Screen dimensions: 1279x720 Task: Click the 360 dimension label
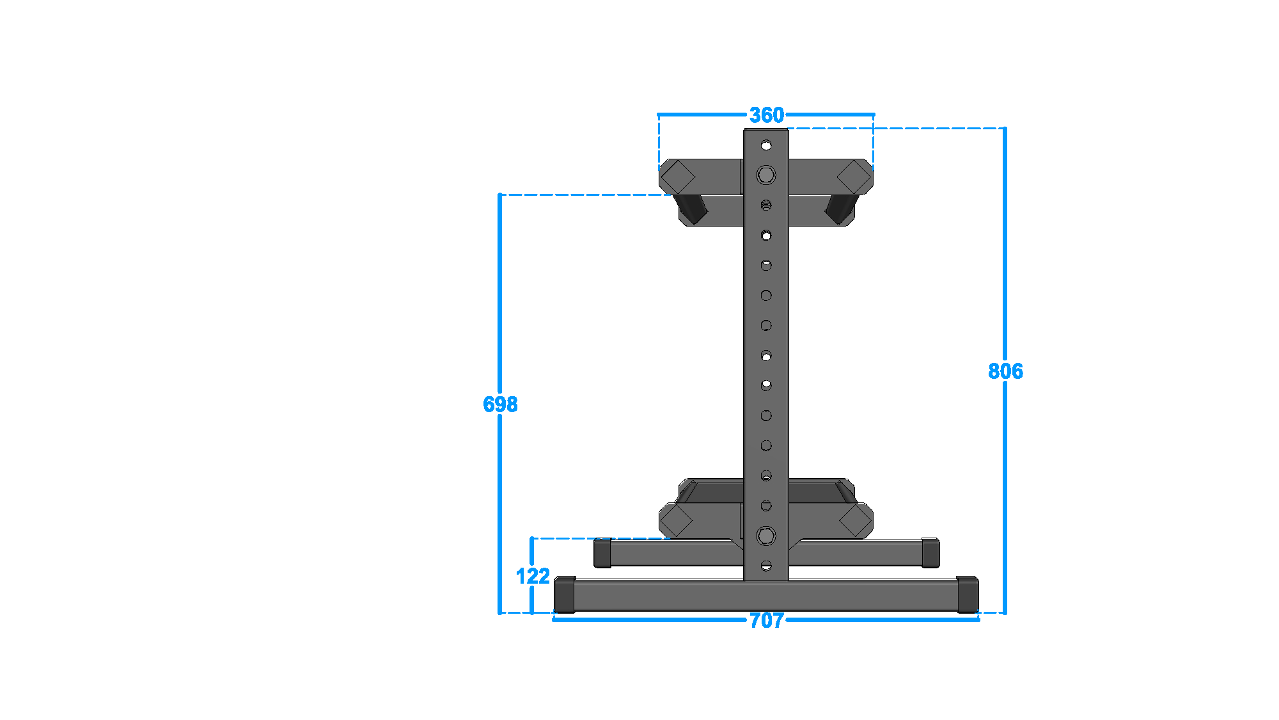point(766,115)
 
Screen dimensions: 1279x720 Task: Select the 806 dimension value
point(1005,371)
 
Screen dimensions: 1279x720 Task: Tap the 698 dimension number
point(500,404)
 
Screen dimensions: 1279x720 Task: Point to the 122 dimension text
point(533,576)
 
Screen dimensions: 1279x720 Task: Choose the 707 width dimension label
point(766,620)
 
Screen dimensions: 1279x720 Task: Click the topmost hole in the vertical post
point(766,145)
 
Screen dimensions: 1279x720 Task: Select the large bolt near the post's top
point(766,175)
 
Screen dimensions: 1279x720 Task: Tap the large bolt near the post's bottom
point(766,536)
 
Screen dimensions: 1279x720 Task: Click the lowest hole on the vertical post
point(766,566)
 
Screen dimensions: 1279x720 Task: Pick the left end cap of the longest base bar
point(565,595)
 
